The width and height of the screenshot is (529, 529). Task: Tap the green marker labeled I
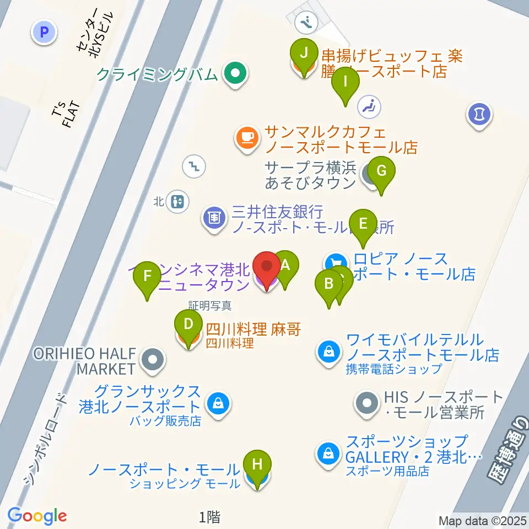point(346,82)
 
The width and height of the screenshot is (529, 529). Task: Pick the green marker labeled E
point(363,224)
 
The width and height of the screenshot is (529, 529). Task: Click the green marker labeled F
point(147,276)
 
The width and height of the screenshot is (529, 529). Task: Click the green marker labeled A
point(285,265)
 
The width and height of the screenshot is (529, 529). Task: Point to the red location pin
point(267,267)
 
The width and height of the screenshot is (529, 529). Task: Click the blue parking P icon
point(45,32)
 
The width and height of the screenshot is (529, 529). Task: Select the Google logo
point(37,515)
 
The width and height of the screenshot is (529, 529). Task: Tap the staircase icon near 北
point(195,165)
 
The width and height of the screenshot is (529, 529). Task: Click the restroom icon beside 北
point(177,201)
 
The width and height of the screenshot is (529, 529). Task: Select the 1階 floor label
point(210,516)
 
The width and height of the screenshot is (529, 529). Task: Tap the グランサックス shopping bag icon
point(218,405)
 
